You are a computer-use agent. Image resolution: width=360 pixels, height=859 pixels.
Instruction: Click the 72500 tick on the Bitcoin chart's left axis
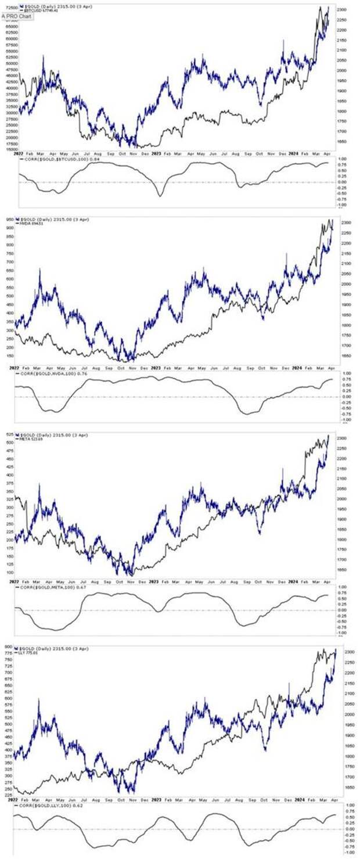click(x=8, y=8)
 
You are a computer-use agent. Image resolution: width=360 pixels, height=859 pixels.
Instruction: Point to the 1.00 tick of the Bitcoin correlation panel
click(x=343, y=159)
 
